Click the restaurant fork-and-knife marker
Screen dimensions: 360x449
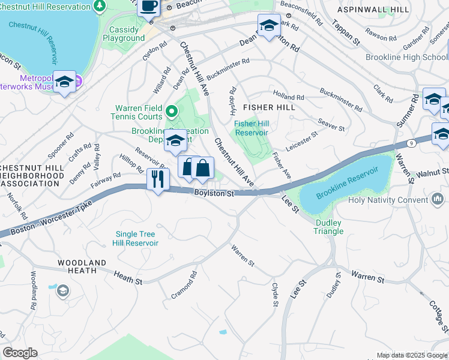pos(158,179)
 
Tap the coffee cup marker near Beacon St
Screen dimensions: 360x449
pos(149,7)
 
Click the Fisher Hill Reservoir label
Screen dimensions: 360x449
pos(251,128)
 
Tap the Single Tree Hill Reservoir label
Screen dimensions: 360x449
pos(135,239)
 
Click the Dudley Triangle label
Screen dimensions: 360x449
pos(329,227)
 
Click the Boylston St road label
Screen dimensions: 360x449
pos(213,193)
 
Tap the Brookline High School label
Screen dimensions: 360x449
pos(406,58)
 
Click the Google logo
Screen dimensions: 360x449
pos(20,352)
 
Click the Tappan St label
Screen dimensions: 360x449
pos(347,35)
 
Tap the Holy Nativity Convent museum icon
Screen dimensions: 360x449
pos(438,199)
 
